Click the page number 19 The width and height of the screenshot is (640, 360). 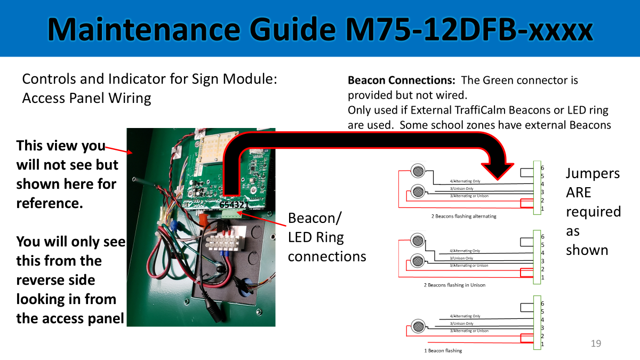[x=596, y=343]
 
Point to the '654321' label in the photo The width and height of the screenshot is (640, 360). [x=234, y=204]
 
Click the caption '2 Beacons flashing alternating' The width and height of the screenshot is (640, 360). [x=463, y=216]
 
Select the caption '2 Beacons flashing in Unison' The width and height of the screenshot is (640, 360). [x=454, y=285]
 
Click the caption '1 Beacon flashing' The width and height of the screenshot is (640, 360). [x=443, y=350]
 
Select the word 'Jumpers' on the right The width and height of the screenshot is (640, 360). [x=593, y=173]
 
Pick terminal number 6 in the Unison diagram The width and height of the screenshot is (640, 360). [x=542, y=236]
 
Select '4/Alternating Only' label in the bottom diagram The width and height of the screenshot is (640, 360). [x=465, y=316]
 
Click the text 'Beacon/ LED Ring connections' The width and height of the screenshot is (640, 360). [x=326, y=237]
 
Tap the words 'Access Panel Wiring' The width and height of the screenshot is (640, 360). [x=86, y=98]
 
